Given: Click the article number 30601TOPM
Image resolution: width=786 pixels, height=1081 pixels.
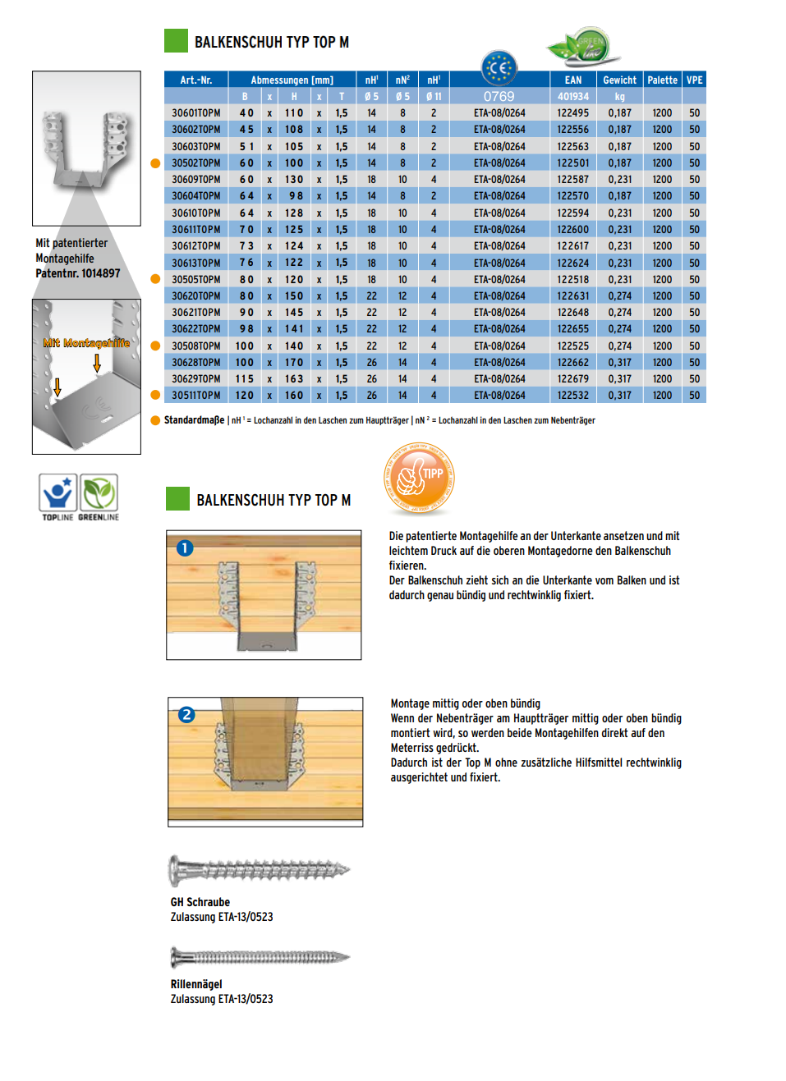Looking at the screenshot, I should (x=195, y=113).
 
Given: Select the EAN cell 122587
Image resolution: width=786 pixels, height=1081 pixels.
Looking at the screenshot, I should (x=572, y=180).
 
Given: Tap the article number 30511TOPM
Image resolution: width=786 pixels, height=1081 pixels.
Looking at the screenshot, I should (x=195, y=396).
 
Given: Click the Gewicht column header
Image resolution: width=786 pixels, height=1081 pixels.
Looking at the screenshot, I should (x=619, y=80).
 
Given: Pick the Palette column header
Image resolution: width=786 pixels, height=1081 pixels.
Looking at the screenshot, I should (x=662, y=80).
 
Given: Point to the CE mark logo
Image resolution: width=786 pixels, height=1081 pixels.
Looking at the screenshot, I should (x=499, y=68).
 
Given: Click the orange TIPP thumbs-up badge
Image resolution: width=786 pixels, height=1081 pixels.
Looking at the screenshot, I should (x=419, y=479).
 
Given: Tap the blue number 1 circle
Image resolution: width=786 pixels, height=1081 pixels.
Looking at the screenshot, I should (x=185, y=548).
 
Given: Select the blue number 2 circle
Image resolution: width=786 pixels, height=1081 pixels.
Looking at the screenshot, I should (x=186, y=715).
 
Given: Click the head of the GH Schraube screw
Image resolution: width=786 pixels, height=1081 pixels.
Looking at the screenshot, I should (x=175, y=870).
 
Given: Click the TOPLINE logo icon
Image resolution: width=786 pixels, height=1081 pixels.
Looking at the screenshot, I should (x=57, y=494).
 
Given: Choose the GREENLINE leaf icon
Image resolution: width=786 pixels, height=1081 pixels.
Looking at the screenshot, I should (x=99, y=494).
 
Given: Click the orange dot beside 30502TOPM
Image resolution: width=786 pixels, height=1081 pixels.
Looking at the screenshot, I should (x=155, y=163).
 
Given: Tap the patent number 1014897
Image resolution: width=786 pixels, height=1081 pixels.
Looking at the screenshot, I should (x=100, y=274).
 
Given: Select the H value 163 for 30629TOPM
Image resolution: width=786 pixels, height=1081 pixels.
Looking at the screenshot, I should (x=294, y=379).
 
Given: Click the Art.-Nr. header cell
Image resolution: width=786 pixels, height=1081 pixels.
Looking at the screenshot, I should (x=195, y=80).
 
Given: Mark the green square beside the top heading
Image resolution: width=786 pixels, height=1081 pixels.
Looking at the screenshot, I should (x=176, y=41).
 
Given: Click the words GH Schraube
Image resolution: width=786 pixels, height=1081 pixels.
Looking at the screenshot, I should (x=200, y=902).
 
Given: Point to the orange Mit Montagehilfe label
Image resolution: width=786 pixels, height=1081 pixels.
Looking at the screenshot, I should (x=86, y=343).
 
